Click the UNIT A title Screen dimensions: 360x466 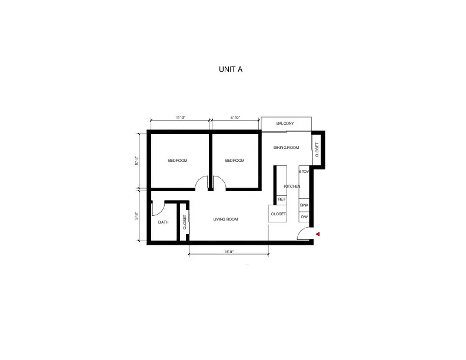pos(231,69)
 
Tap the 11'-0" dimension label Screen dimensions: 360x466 pos(181,118)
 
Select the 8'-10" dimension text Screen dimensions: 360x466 pos(235,118)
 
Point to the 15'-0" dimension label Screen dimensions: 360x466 pos(229,252)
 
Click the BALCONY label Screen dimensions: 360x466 pos(285,124)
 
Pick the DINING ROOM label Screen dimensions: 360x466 pos(287,148)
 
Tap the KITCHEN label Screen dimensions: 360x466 pos(292,186)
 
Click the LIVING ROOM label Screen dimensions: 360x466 pos(225,219)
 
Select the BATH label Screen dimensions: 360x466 pos(163,222)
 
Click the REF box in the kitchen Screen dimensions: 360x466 pos(281,199)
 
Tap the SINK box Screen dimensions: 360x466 pos(304,205)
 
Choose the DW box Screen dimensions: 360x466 pos(304,217)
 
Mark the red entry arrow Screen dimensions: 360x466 pos(317,234)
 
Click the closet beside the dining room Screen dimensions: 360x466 pos(317,150)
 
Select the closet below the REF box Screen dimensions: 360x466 pos(278,214)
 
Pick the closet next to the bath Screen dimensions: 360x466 pos(184,222)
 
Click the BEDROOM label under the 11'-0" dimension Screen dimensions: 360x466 pos(177,161)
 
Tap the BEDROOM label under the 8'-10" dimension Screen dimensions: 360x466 pos(234,161)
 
